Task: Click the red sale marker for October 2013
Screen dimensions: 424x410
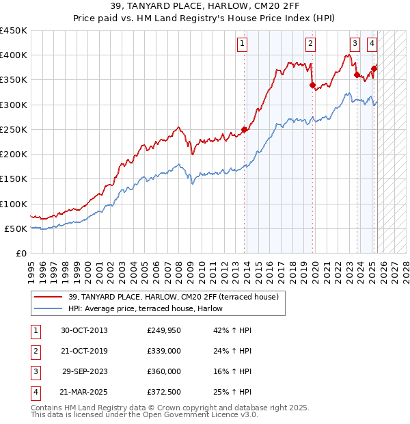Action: pos(244,129)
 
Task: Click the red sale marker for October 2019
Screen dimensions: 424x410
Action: pos(312,85)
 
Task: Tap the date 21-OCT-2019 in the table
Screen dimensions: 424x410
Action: pos(84,351)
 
